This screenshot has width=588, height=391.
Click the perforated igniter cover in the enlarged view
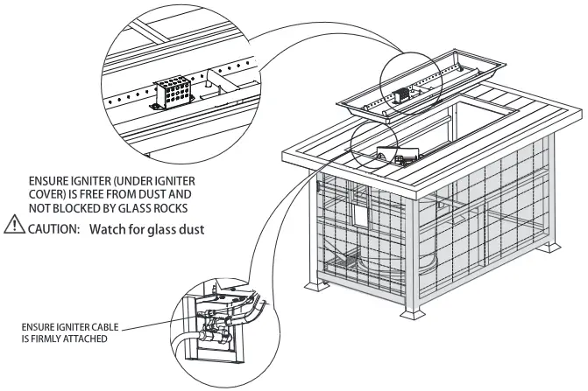[x=175, y=93]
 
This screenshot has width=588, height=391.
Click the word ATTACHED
[x=88, y=339]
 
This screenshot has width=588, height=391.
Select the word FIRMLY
[x=46, y=339]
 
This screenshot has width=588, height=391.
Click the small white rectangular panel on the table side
[x=360, y=213]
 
